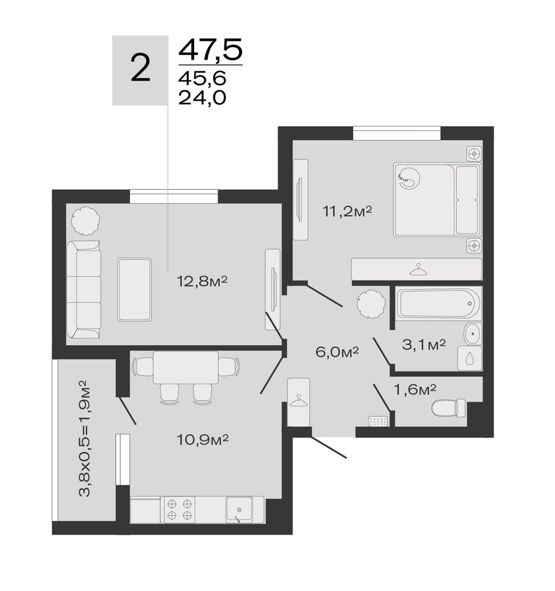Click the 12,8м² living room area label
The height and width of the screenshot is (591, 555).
[x=202, y=281]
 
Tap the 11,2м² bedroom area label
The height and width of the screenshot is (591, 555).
[x=347, y=211]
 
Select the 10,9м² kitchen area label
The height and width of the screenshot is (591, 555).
[x=203, y=439]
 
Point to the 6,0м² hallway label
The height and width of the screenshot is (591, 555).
[x=337, y=352]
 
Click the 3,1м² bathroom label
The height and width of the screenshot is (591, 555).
[x=424, y=344]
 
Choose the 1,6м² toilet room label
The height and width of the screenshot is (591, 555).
[x=415, y=390]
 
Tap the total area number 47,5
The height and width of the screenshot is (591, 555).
[x=210, y=50]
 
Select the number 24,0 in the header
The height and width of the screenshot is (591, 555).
[x=202, y=98]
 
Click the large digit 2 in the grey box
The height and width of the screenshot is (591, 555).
[x=141, y=68]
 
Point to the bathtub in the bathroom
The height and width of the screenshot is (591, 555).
[x=439, y=304]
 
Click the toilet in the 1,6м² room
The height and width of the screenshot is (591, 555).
[x=449, y=408]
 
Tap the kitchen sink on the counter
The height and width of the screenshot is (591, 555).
[x=239, y=510]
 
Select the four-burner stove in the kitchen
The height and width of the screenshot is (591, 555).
[x=178, y=510]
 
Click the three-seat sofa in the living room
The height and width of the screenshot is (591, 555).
[x=84, y=290]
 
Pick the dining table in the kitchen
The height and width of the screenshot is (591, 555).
[x=186, y=367]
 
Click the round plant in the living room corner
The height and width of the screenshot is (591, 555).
[x=86, y=221]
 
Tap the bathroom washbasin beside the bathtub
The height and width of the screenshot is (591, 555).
[x=473, y=333]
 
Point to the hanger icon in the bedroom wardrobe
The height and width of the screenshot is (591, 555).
[x=416, y=269]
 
